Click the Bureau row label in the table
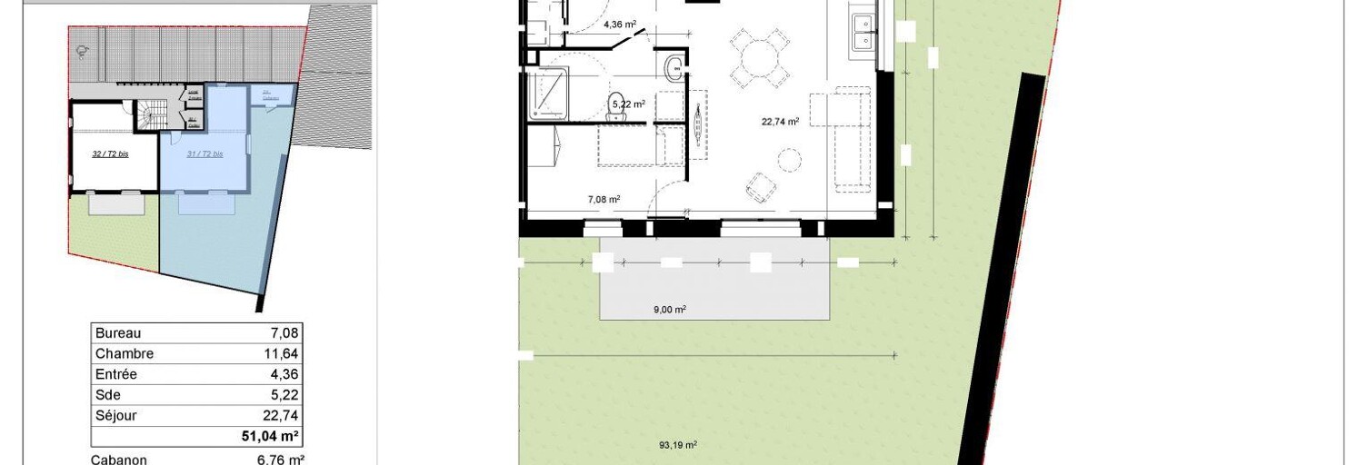click(118, 333)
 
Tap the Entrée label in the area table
click(115, 374)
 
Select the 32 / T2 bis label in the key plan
click(110, 154)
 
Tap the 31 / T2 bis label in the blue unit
click(205, 154)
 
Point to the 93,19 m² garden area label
click(677, 445)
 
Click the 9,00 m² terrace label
click(669, 310)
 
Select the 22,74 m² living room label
click(780, 121)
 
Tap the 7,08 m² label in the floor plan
click(604, 199)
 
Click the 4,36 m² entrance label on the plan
click(623, 25)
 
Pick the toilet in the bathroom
click(615, 103)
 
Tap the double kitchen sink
click(862, 32)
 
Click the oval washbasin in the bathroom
click(674, 67)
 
